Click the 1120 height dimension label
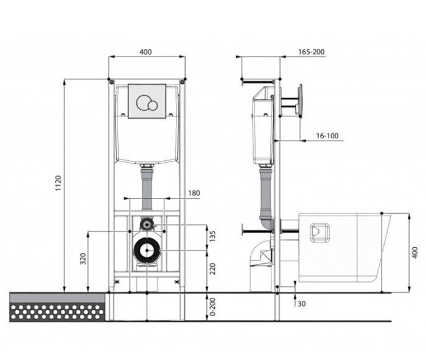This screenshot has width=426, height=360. click(58, 183)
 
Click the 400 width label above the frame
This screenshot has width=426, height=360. click(145, 52)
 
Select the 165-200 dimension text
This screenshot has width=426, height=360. click(312, 52)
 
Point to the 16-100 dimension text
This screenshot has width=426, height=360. click(327, 136)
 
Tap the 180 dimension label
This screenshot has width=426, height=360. click(194, 193)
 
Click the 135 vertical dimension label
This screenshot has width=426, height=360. click(213, 236)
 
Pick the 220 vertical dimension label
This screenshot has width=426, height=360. click(213, 269)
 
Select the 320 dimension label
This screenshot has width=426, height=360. click(83, 258)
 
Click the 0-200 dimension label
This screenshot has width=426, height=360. click(213, 307)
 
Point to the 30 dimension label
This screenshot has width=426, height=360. click(302, 304)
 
